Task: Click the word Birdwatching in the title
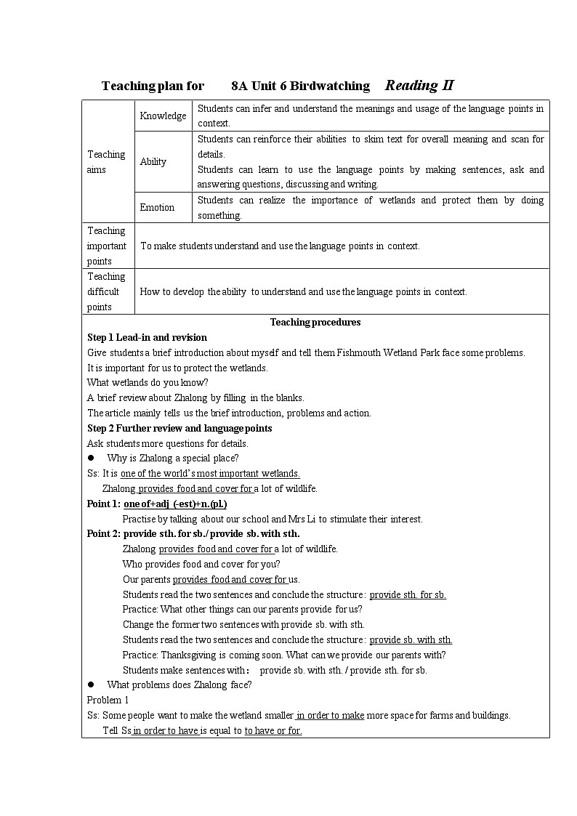(330, 86)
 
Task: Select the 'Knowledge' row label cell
(163, 116)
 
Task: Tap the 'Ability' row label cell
(153, 161)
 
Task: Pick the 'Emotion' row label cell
(157, 207)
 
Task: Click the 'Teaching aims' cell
(107, 161)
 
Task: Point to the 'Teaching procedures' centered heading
(315, 322)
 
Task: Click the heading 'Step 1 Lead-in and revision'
(147, 337)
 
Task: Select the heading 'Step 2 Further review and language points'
(179, 428)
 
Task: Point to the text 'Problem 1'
(108, 700)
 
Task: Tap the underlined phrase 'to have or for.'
(273, 730)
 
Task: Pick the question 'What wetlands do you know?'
(148, 382)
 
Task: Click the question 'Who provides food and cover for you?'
(201, 564)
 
